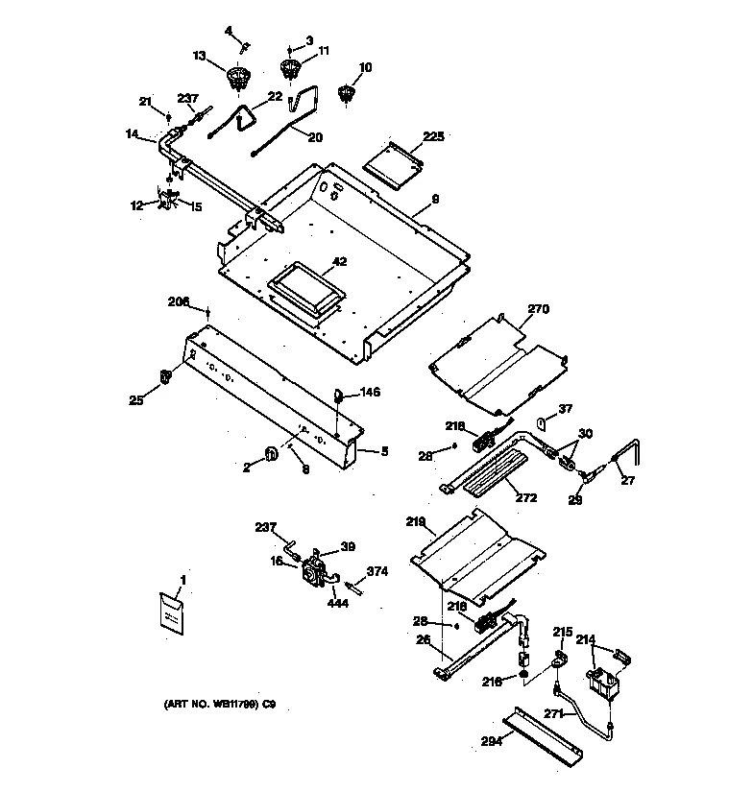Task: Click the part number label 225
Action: (x=434, y=137)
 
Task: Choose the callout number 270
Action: (x=539, y=309)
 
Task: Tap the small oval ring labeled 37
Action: (x=541, y=422)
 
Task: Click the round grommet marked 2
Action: (x=272, y=453)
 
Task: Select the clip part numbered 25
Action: (x=167, y=374)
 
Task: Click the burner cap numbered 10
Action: (x=348, y=94)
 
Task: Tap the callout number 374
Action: (x=377, y=571)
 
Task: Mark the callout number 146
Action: (x=371, y=392)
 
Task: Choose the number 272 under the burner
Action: (x=525, y=497)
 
